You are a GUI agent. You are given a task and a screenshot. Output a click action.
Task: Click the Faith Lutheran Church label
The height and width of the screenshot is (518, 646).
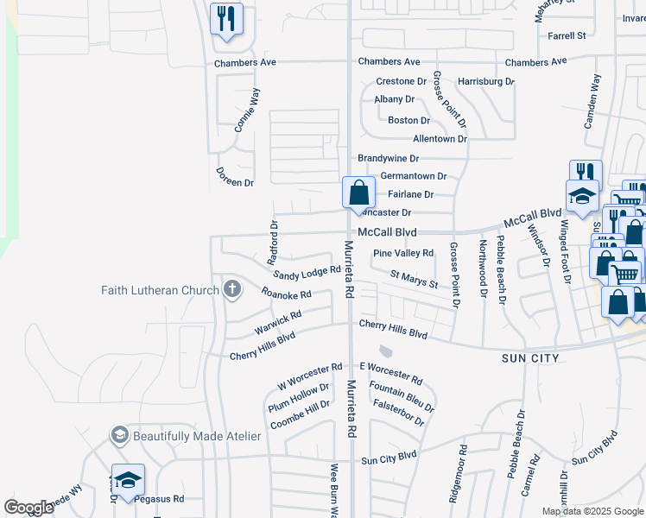(160, 290)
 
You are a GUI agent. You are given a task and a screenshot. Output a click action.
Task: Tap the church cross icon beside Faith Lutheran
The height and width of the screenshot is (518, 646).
(231, 289)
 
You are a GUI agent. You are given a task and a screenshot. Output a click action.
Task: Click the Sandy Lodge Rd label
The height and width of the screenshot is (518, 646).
(307, 273)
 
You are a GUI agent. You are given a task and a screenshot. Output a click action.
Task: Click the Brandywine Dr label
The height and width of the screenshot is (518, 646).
(388, 159)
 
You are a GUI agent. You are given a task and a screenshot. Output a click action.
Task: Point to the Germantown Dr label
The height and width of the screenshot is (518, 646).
(413, 176)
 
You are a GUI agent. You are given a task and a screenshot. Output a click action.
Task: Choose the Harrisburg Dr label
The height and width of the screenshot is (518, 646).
(486, 81)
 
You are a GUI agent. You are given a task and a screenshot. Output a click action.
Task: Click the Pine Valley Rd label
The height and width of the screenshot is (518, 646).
(402, 253)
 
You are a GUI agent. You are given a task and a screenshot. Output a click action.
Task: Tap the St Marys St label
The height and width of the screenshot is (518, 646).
(414, 279)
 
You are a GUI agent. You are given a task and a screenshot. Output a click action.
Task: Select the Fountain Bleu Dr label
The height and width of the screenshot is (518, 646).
(401, 394)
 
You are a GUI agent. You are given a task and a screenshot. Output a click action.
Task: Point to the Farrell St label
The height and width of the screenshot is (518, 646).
(567, 35)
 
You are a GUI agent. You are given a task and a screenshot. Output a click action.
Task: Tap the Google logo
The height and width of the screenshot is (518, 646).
(28, 508)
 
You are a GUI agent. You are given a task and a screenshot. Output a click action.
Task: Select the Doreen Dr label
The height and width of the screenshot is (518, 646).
(235, 183)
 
